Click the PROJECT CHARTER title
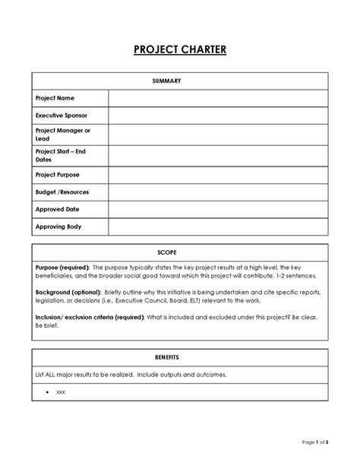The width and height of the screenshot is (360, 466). [x=180, y=50]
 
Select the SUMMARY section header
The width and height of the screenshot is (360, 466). [x=180, y=80]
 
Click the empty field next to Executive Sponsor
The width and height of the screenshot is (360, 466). [x=218, y=116]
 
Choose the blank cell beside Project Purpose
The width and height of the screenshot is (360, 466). [x=218, y=175]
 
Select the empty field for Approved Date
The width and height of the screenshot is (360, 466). [x=218, y=209]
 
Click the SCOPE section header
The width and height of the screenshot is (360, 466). [x=180, y=252]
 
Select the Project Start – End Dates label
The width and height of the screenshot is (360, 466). [x=61, y=155]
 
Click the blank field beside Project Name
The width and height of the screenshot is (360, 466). [x=218, y=99]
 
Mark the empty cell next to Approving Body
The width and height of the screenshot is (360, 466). [x=218, y=227]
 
